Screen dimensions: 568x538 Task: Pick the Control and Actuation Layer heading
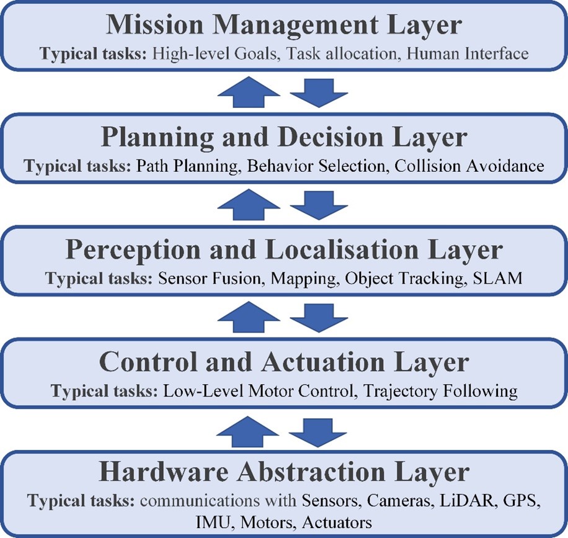point(284,362)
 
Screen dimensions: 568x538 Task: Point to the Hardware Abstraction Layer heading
point(284,473)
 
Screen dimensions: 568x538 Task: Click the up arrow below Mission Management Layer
point(249,92)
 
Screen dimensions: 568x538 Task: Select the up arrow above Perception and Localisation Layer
point(249,204)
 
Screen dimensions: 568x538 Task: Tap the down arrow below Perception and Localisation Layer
point(319,318)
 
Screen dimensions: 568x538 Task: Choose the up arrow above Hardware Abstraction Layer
point(248,431)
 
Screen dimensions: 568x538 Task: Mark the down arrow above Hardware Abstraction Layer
point(317,433)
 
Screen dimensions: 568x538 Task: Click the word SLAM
point(498,279)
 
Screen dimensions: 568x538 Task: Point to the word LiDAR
point(466,501)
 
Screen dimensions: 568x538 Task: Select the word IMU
point(213,522)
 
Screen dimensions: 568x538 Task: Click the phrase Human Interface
point(468,53)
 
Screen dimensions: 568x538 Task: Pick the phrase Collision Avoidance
point(469,166)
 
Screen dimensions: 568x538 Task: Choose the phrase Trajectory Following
point(440,392)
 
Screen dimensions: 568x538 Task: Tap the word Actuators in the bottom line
point(337,522)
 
